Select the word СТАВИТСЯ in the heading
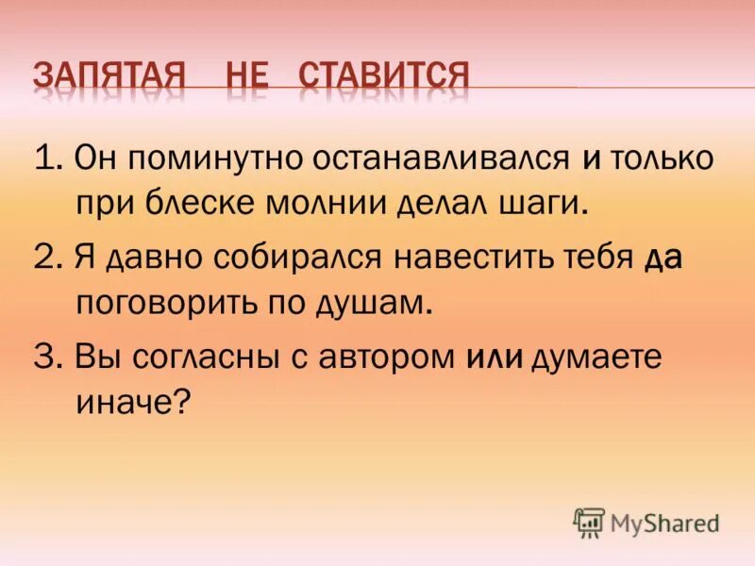point(384,75)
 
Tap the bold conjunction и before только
point(591,158)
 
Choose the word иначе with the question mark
point(132,404)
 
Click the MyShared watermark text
point(664,523)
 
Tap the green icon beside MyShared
point(589,523)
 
